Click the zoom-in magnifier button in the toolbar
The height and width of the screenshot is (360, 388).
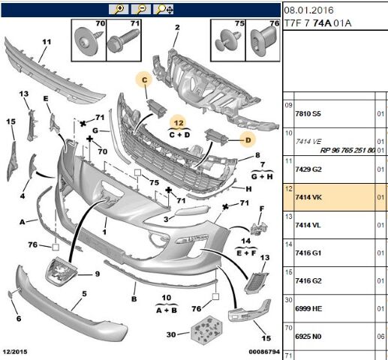click(x=119, y=9)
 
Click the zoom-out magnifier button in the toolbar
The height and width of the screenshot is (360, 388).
click(x=141, y=9)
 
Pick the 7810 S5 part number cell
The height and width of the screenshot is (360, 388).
click(x=308, y=114)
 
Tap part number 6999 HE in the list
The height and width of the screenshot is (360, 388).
click(x=308, y=309)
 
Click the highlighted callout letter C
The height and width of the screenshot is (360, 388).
click(x=144, y=80)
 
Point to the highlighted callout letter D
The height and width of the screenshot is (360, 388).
click(x=248, y=140)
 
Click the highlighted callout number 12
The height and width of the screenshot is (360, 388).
click(x=179, y=123)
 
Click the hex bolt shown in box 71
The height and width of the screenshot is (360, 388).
click(x=123, y=40)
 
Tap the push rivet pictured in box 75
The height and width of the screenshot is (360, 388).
click(x=227, y=40)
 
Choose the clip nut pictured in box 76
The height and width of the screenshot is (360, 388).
click(x=264, y=41)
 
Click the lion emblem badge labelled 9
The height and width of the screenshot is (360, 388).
click(x=61, y=271)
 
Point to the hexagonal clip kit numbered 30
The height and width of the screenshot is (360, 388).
click(x=206, y=330)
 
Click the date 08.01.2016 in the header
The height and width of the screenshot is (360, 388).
click(x=308, y=10)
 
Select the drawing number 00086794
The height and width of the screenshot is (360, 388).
click(x=264, y=352)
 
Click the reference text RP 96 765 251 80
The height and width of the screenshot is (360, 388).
click(x=347, y=150)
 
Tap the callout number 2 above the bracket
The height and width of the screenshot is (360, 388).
click(x=177, y=27)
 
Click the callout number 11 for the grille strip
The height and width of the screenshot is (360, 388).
click(x=47, y=42)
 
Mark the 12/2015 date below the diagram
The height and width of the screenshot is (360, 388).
click(x=15, y=352)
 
